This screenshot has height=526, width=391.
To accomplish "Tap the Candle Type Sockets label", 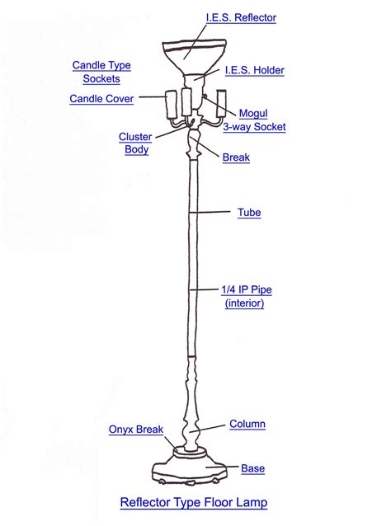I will pyautogui.click(x=101, y=72).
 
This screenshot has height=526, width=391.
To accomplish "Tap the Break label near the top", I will pyautogui.click(x=236, y=157).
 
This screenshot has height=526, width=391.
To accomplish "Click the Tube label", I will pyautogui.click(x=249, y=213).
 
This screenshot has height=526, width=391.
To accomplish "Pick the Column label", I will pyautogui.click(x=247, y=424).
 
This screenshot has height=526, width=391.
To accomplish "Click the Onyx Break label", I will pyautogui.click(x=136, y=430).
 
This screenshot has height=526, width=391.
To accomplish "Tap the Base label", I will pyautogui.click(x=252, y=469).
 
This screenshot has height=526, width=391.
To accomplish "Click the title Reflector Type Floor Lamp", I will pyautogui.click(x=194, y=501).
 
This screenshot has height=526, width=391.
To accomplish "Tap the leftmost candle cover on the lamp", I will pyautogui.click(x=172, y=105).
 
